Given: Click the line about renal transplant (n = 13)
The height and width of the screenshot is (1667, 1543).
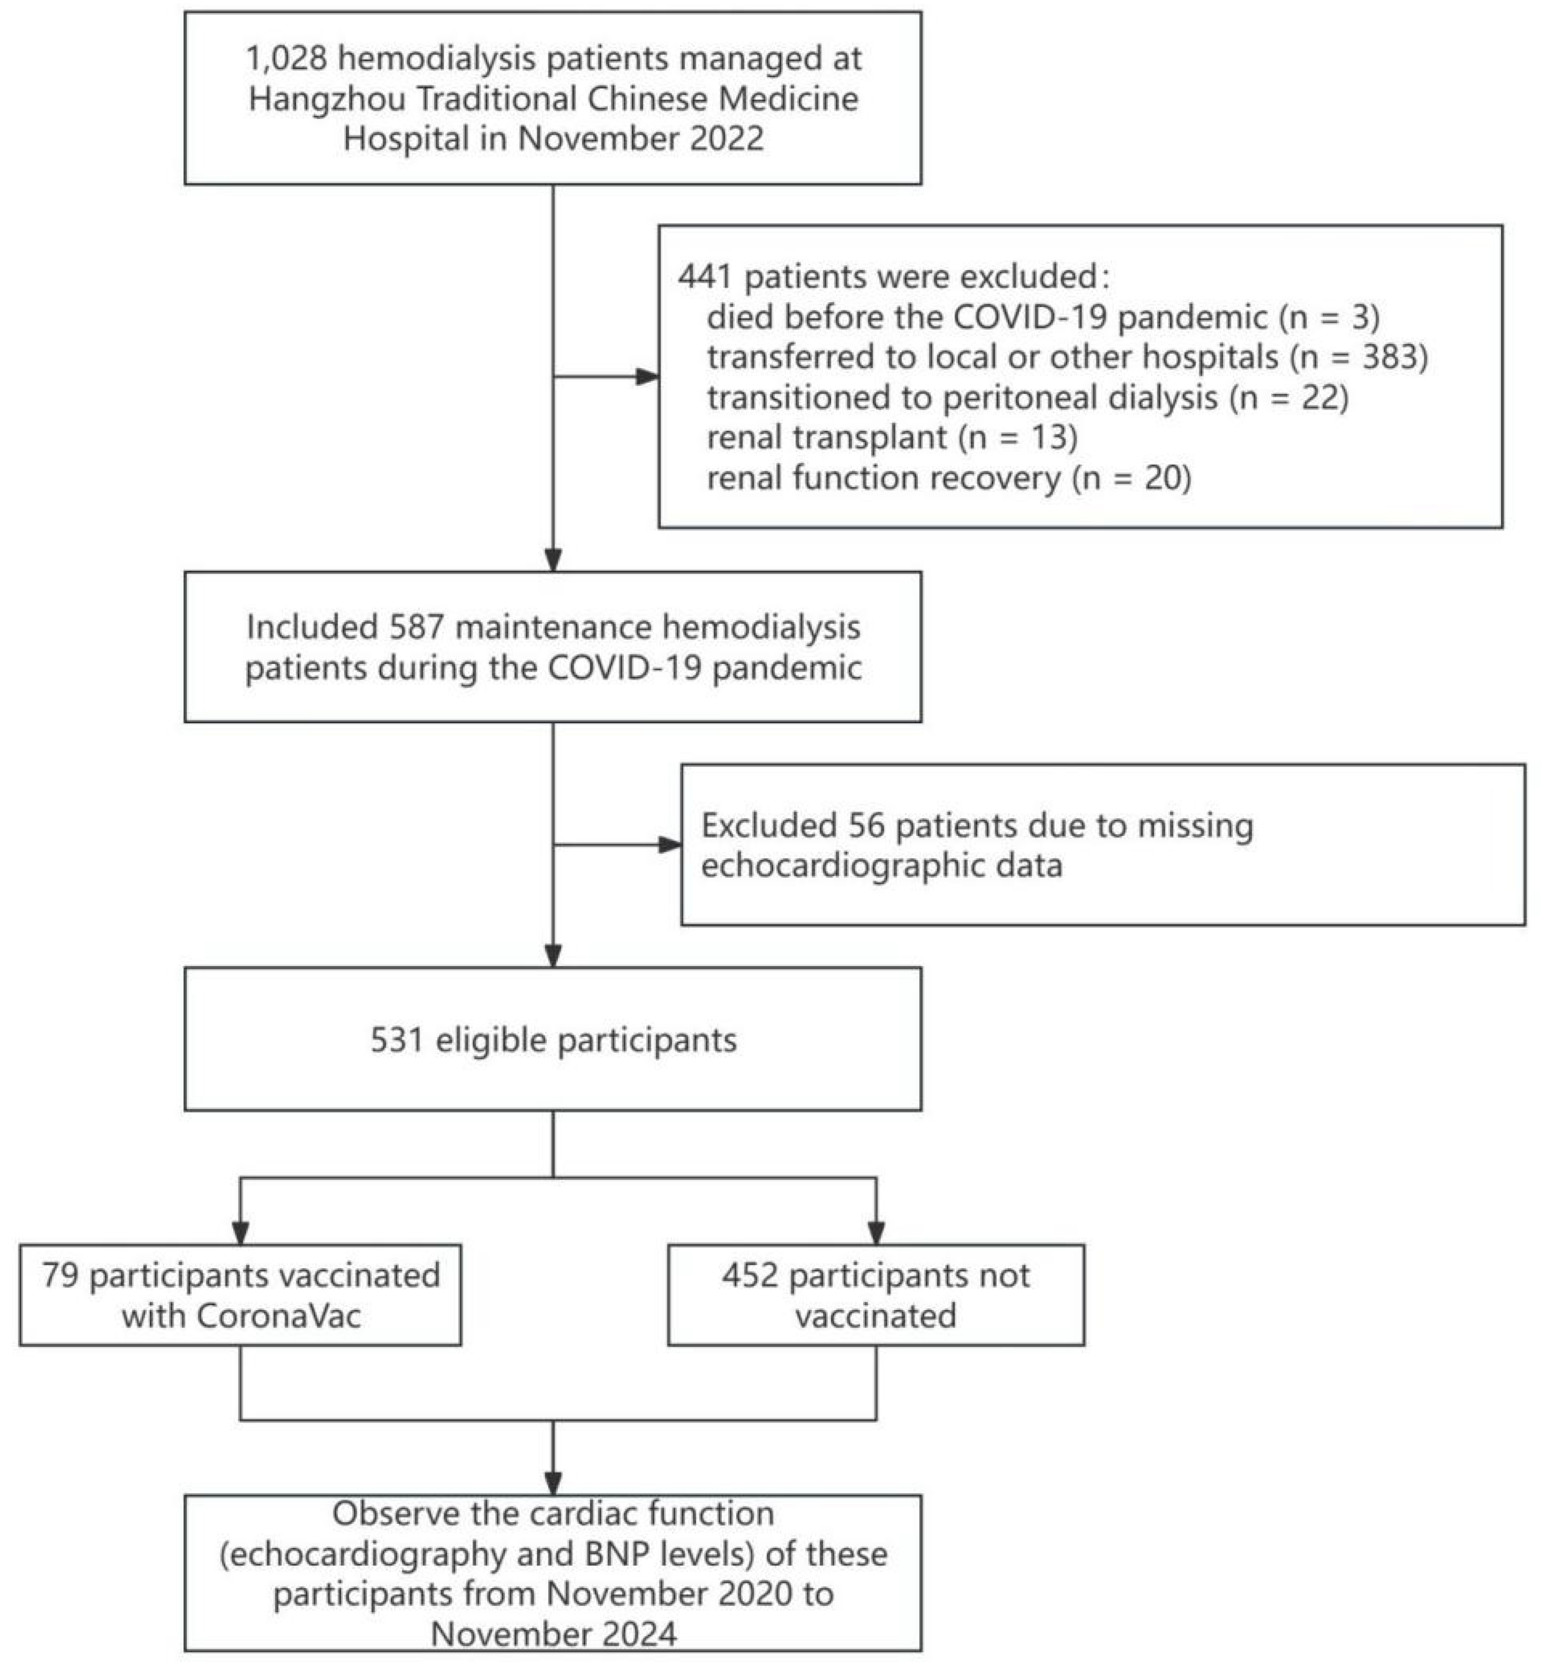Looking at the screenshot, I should (x=892, y=436).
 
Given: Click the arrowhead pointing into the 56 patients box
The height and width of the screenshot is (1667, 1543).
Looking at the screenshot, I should (x=670, y=845).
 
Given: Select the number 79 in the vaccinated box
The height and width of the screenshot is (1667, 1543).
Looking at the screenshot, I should (x=60, y=1275).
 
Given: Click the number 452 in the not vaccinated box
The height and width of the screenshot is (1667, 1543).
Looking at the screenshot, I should (x=750, y=1275).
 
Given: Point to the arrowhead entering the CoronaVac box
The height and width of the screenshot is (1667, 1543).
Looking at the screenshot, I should (x=240, y=1233).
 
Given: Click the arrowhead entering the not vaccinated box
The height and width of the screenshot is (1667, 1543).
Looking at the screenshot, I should (x=876, y=1233).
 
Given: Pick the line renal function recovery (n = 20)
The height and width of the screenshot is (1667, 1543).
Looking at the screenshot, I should (x=949, y=478).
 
